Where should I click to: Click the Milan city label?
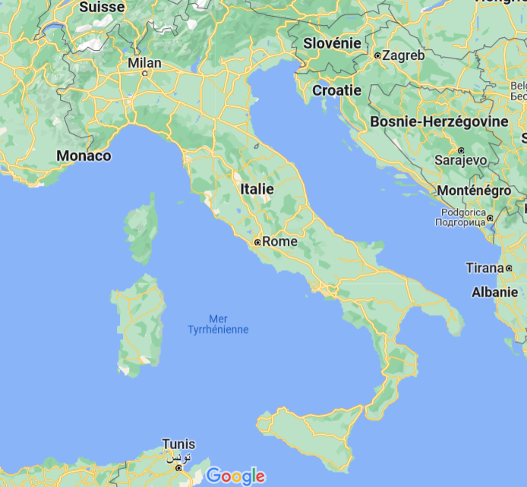pyautogui.click(x=144, y=62)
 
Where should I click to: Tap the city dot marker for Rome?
pyautogui.click(x=257, y=242)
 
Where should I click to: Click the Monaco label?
pyautogui.click(x=84, y=156)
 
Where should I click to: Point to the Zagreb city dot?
pyautogui.click(x=377, y=55)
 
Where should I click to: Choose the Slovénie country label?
pyautogui.click(x=332, y=43)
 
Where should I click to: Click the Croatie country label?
pyautogui.click(x=336, y=90)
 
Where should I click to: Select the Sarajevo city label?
pyautogui.click(x=460, y=161)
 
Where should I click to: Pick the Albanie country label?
pyautogui.click(x=494, y=291)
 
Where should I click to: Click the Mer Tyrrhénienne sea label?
pyautogui.click(x=218, y=324)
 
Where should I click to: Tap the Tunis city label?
pyautogui.click(x=178, y=445)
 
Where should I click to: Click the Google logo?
pyautogui.click(x=235, y=476)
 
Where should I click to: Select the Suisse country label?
pyautogui.click(x=102, y=7)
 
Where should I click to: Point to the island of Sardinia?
pyautogui.click(x=138, y=322)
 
